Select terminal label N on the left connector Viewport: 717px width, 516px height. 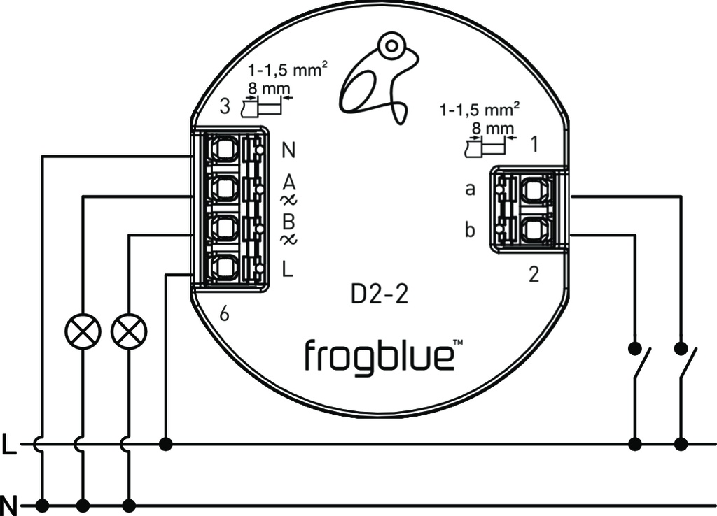pos(288,150)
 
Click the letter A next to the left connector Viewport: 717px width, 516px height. pos(288,183)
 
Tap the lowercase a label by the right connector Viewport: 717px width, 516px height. pos(471,189)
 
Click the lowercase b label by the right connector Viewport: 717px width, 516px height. pos(471,229)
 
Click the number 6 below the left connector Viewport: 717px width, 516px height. pos(224,315)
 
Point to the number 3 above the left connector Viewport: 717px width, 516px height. pos(224,107)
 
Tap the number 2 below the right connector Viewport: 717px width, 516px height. pos(534,275)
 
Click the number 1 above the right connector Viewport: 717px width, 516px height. pos(534,145)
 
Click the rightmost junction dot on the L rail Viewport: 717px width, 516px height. pos(681,443)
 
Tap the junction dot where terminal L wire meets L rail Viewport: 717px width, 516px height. pos(166,443)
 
